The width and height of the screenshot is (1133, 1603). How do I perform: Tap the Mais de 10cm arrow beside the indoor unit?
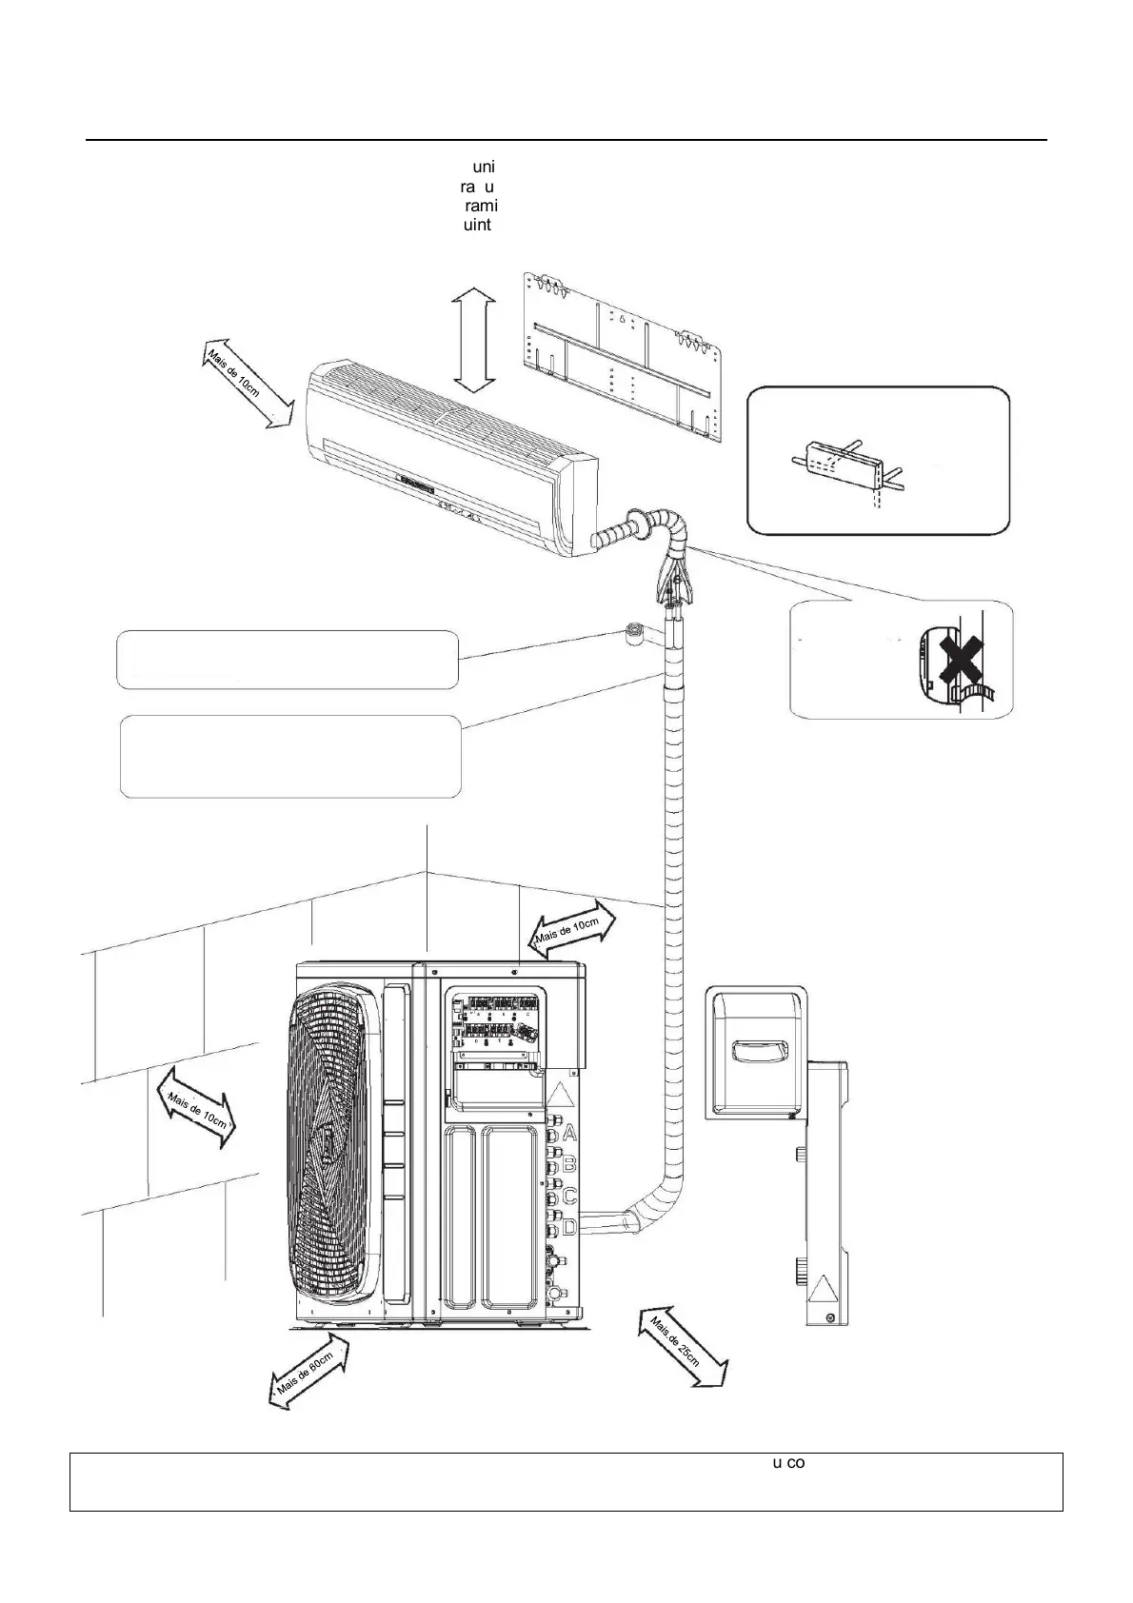(x=246, y=382)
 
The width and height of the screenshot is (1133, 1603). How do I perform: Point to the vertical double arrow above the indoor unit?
(x=473, y=342)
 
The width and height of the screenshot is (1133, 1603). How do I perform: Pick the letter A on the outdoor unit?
(x=570, y=1132)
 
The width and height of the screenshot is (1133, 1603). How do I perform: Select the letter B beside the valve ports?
(x=570, y=1164)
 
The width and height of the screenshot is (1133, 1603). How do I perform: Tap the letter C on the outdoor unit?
(x=570, y=1196)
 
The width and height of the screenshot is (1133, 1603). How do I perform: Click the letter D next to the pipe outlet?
(x=570, y=1227)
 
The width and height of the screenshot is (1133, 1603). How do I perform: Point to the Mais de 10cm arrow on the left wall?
(x=195, y=1107)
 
